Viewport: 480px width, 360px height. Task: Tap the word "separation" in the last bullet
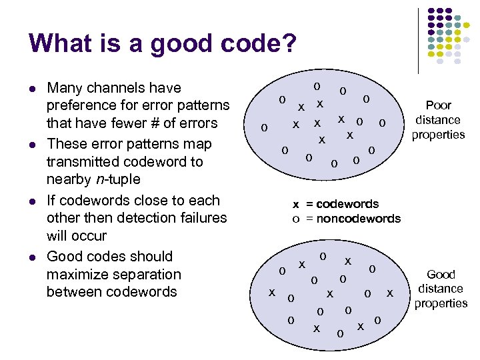coord(149,275)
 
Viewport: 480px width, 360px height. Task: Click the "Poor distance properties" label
coord(438,120)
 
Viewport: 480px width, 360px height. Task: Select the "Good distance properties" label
coord(441,289)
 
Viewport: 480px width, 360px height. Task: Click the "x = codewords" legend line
coord(336,204)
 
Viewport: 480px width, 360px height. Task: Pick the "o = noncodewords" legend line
coord(347,219)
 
